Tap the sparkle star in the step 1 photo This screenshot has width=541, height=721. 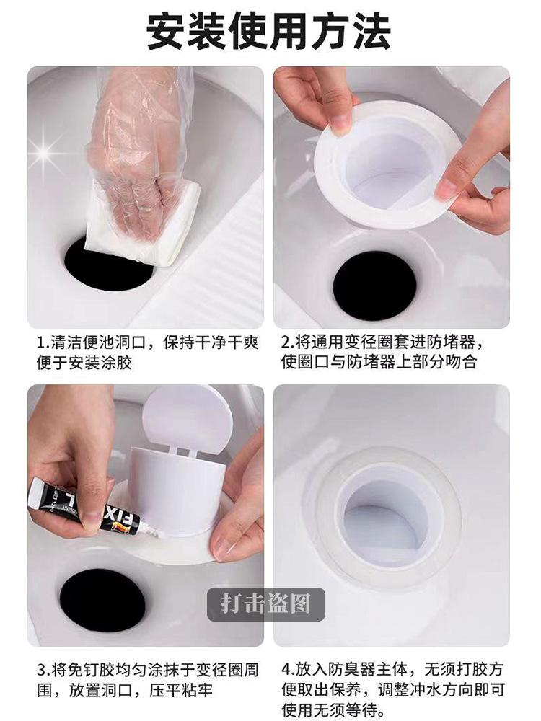(45, 151)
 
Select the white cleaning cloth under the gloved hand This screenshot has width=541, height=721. (144, 225)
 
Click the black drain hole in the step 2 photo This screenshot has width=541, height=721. (374, 286)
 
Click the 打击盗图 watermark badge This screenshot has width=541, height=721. (266, 604)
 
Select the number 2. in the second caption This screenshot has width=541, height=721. (289, 343)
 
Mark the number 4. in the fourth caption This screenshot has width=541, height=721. (289, 670)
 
